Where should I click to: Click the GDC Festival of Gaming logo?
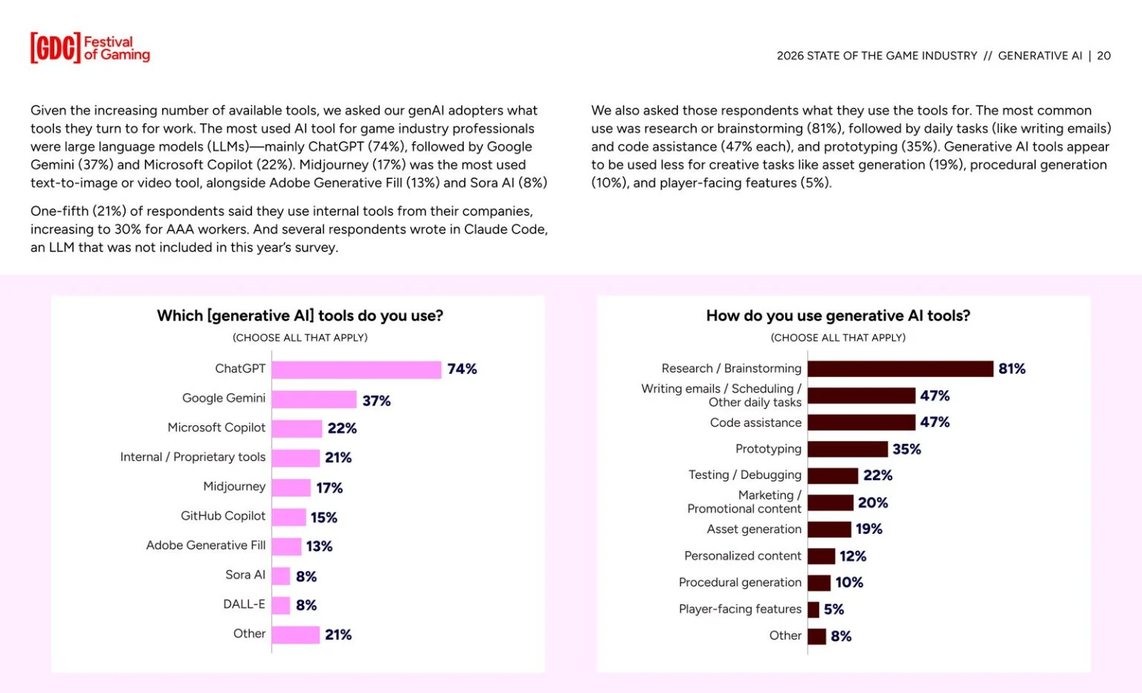point(90,48)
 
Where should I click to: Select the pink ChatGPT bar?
point(356,370)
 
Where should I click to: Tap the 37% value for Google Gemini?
point(376,401)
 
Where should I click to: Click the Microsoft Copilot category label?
point(216,428)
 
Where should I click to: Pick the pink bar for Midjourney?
point(291,488)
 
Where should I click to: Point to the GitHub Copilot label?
point(223,516)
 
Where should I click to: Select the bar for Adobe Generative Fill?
point(286,547)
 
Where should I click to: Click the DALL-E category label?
point(244,605)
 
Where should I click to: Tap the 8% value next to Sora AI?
point(306,576)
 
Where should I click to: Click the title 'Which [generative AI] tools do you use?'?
point(300,316)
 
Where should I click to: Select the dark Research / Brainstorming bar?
point(900,369)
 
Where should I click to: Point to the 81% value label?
point(1011,369)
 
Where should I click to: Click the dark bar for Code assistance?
point(861,422)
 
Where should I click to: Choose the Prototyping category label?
point(768,449)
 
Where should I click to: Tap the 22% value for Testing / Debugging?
point(877,476)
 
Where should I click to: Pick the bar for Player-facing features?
point(813,610)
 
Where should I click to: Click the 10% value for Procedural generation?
point(849,583)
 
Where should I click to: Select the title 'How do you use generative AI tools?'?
point(838,316)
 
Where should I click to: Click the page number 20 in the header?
point(1104,56)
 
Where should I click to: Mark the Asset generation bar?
point(829,529)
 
